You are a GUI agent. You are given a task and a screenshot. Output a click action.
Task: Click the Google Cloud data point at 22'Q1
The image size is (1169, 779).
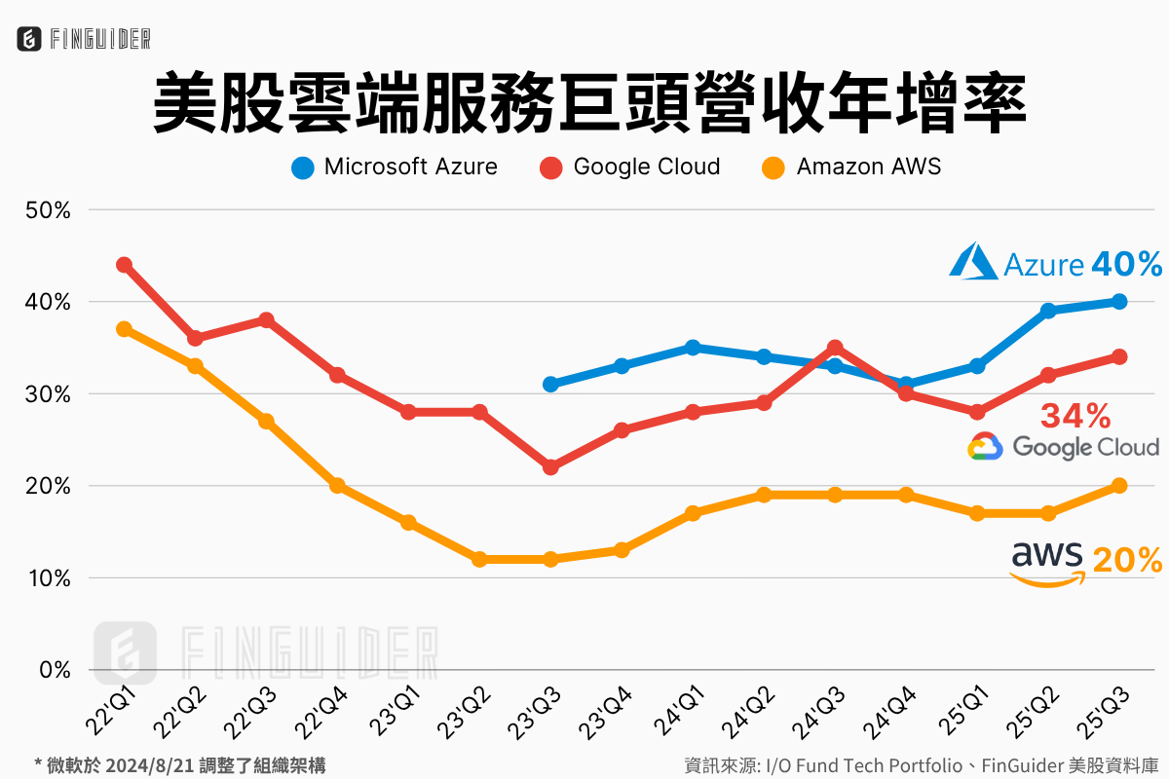(x=124, y=265)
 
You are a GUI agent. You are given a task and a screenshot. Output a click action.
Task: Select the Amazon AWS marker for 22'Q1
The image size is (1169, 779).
(x=124, y=329)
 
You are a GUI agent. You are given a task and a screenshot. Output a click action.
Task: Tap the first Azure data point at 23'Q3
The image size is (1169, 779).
(x=550, y=385)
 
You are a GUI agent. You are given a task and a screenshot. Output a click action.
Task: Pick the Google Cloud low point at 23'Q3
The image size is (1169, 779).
(x=550, y=467)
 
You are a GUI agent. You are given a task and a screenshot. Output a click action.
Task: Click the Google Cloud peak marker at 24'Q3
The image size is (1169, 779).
(x=835, y=348)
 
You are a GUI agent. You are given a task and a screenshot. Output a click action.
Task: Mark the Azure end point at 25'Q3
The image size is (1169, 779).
(x=1119, y=302)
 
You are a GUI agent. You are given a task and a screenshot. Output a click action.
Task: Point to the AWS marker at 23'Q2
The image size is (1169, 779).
(x=479, y=560)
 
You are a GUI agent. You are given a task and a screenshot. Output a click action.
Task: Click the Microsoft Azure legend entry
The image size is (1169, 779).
(x=395, y=167)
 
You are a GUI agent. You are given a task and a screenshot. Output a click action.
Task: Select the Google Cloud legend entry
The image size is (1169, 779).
(x=630, y=167)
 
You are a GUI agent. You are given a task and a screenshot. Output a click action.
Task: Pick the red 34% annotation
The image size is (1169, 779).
(x=1075, y=417)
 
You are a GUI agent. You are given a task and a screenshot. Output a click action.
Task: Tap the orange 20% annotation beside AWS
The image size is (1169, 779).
(x=1127, y=561)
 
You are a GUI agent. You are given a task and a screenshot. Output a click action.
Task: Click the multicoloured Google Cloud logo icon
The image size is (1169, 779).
(x=985, y=447)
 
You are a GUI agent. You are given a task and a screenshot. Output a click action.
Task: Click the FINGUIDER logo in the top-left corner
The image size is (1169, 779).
(x=84, y=38)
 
